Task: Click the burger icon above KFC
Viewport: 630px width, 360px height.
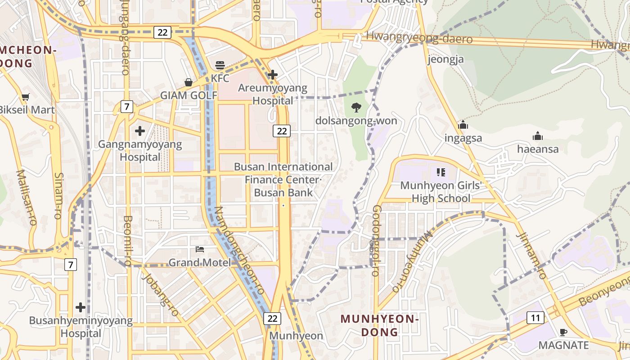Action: (220, 65)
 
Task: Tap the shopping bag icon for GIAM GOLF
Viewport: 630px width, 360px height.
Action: (189, 82)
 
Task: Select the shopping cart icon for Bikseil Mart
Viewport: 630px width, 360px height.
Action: (26, 97)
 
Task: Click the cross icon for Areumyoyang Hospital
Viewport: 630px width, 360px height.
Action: (273, 74)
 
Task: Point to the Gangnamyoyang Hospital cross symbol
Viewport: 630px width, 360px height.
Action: (140, 131)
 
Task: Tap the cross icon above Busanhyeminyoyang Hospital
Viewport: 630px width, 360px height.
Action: (81, 307)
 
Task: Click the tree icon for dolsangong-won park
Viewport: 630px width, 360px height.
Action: (356, 107)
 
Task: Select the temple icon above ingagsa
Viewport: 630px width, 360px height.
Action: (463, 125)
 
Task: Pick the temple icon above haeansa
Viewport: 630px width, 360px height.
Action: (537, 136)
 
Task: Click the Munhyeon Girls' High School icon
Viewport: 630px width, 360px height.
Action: (441, 172)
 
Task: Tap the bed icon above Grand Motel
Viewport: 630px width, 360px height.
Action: (200, 249)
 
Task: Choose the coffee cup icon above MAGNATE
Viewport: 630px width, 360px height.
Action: (563, 332)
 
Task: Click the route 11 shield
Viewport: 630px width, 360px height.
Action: (535, 318)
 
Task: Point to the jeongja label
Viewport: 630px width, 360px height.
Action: (445, 59)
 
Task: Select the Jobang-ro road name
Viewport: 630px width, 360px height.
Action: (161, 294)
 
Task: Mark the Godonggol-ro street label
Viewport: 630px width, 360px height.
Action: (376, 241)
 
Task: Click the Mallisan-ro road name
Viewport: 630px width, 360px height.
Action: (27, 197)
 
